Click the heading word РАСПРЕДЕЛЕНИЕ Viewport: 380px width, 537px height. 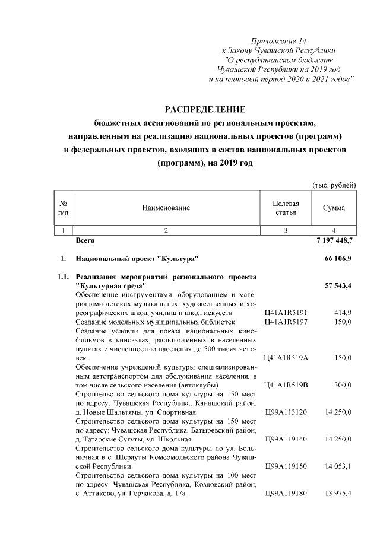[204, 109]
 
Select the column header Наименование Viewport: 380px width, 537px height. [166, 208]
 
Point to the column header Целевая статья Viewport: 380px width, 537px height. [286, 208]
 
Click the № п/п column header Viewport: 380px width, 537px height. [64, 208]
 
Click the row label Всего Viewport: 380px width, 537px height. [85, 242]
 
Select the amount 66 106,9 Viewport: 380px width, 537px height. [339, 259]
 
